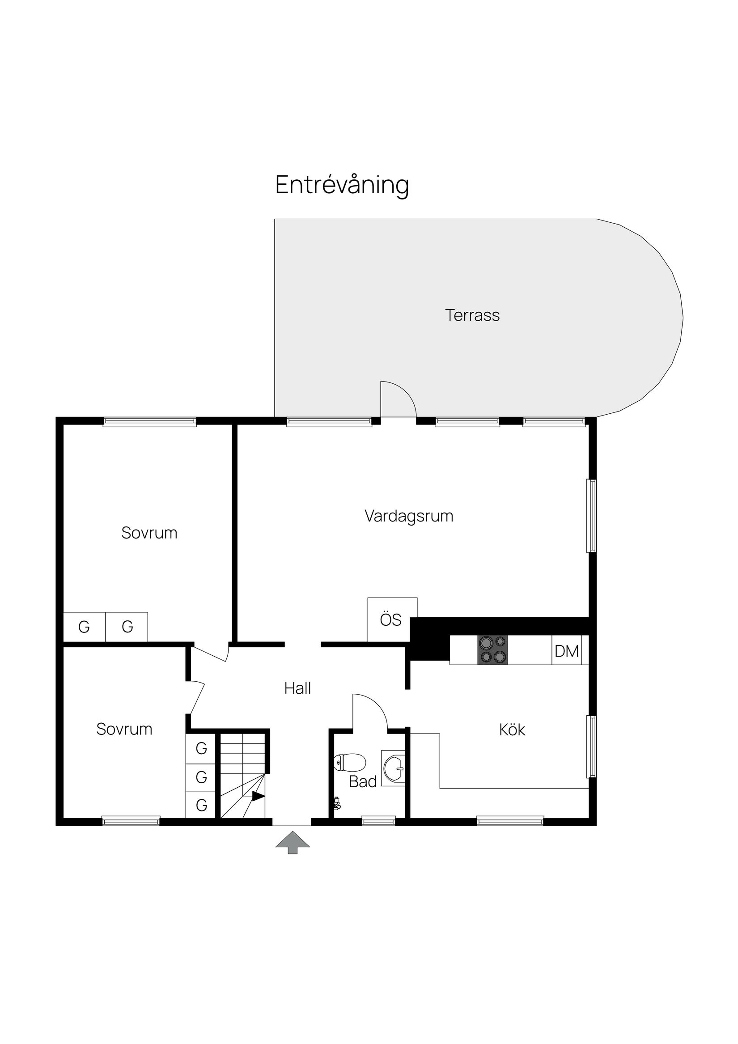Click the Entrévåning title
click(x=342, y=186)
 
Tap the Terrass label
click(x=472, y=315)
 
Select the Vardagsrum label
click(x=409, y=516)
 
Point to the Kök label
click(x=512, y=730)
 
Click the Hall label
click(x=297, y=688)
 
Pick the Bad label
click(x=362, y=781)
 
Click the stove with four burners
click(x=492, y=650)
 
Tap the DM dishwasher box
click(x=567, y=651)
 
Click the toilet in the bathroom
click(x=350, y=763)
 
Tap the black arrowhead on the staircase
click(x=258, y=796)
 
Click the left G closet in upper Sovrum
click(x=84, y=627)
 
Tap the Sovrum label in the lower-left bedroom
click(x=124, y=730)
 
